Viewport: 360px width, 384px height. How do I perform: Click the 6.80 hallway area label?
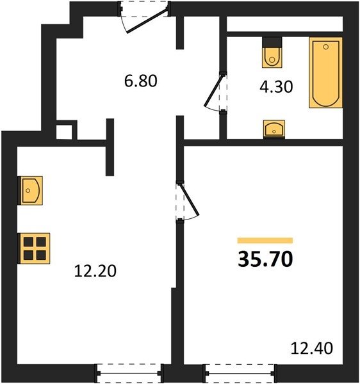(140, 81)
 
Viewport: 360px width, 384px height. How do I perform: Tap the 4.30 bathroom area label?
(276, 86)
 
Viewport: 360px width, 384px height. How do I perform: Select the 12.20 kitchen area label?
(95, 271)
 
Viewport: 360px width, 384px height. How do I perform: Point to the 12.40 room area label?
(312, 348)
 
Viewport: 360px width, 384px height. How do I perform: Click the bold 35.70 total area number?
(265, 259)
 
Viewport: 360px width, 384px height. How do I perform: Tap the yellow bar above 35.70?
(265, 241)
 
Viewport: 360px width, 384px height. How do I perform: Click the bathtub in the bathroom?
(325, 72)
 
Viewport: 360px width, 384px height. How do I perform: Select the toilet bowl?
(272, 58)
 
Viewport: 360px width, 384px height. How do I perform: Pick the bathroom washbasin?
(274, 129)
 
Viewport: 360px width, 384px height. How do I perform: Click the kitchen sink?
(30, 191)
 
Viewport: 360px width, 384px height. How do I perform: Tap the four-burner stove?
(34, 248)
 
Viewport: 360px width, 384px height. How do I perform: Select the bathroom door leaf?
(214, 90)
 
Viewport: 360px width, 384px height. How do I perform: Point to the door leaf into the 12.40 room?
(190, 200)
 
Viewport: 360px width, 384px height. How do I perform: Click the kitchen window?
(129, 373)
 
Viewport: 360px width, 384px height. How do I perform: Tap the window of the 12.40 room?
(240, 373)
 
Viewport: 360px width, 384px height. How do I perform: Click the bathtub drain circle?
(325, 47)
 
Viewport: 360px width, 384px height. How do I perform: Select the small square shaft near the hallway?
(64, 132)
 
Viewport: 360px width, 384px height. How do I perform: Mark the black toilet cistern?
(272, 42)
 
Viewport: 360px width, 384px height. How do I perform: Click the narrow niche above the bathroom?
(284, 24)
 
